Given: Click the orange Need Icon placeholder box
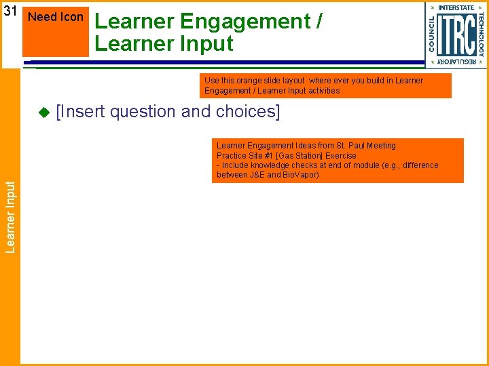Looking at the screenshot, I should tap(56, 30).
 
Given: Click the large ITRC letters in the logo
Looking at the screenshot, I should tap(456, 35).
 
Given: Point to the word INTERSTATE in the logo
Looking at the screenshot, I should tap(456, 7).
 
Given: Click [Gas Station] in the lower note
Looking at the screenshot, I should tap(300, 155).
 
